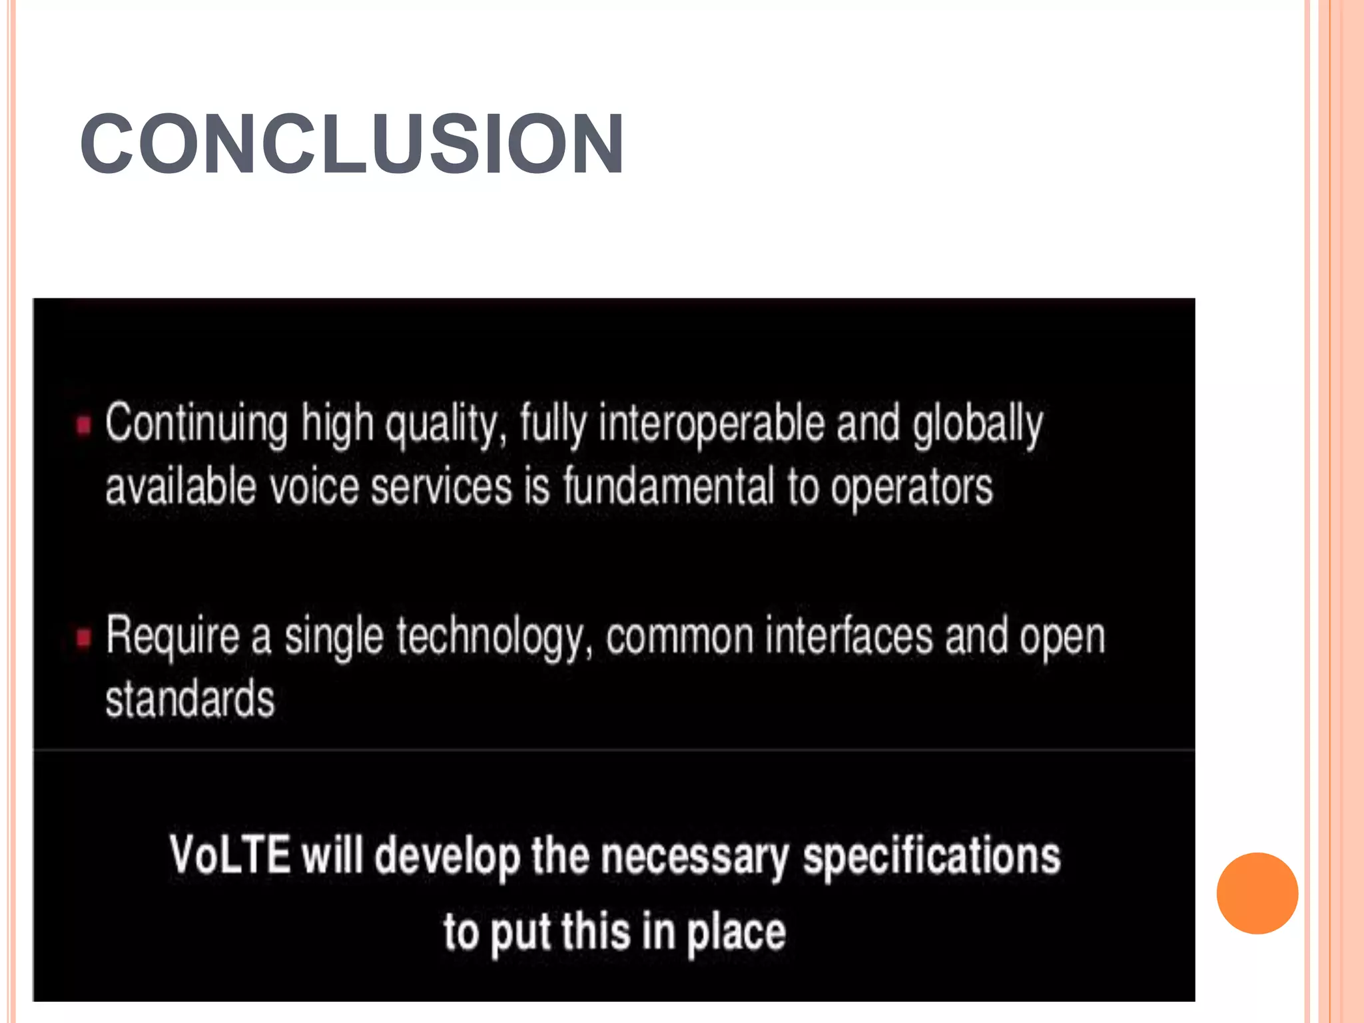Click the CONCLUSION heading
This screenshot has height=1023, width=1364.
[x=352, y=144]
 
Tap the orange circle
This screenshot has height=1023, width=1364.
[x=1257, y=892]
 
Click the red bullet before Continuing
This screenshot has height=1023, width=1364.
[x=83, y=424]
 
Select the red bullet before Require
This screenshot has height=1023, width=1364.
[x=83, y=637]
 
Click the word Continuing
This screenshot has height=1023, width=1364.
[x=196, y=424]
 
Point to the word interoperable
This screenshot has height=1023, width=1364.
[x=711, y=424]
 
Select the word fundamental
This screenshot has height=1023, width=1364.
[x=669, y=486]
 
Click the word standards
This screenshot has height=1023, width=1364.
[x=190, y=699]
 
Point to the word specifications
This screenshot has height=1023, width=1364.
[x=931, y=856]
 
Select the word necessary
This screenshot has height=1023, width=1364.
[x=695, y=856]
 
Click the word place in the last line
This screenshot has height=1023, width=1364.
[x=736, y=932]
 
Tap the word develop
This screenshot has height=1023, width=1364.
[x=447, y=856]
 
